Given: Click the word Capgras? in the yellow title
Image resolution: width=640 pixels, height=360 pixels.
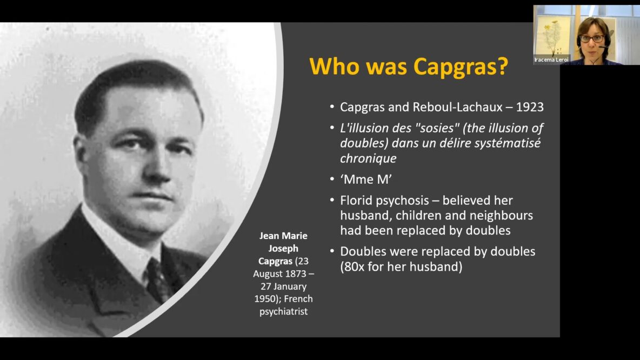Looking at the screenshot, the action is (x=461, y=66).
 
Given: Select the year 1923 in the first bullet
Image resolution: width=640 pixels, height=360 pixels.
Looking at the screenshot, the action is (x=530, y=107).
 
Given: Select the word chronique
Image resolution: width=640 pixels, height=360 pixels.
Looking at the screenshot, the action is (x=368, y=159).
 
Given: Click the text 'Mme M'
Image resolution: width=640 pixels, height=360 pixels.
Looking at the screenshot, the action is (x=366, y=179).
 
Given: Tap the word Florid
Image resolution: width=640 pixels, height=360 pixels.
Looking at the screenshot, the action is (x=356, y=201).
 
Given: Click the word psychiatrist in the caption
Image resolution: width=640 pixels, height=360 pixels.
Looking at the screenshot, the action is (x=284, y=312).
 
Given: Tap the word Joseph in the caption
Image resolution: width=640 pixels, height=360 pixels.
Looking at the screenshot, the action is (x=283, y=249).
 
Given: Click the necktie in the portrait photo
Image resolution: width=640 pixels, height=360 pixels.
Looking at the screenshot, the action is (x=158, y=281).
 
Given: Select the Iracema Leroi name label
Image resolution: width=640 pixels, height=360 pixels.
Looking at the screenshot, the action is (x=551, y=59).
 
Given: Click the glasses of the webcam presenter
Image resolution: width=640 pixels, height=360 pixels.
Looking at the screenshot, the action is (x=592, y=39).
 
